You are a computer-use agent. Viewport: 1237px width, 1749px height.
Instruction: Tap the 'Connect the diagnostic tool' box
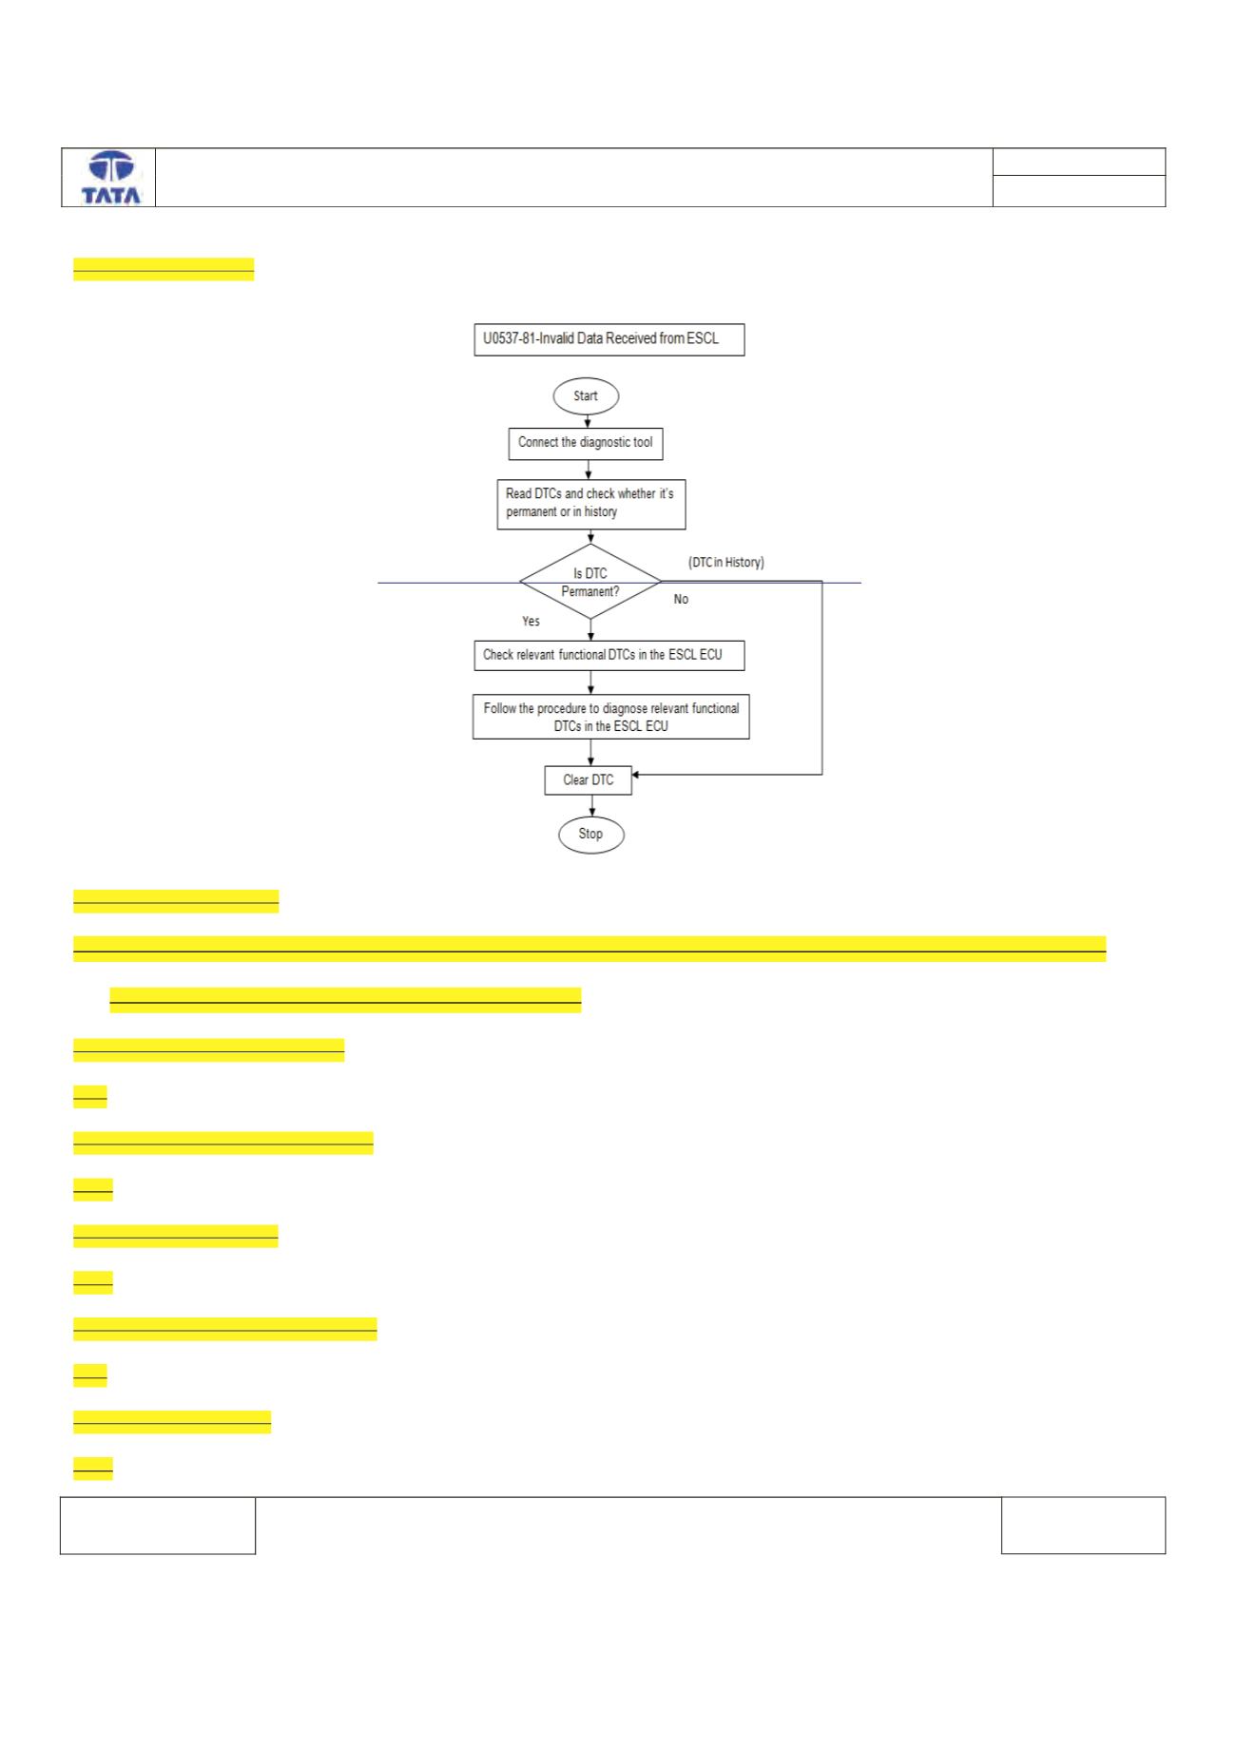pos(586,443)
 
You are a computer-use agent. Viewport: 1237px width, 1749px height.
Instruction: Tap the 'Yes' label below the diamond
pos(531,622)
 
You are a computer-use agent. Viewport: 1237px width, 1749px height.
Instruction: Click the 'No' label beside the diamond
pos(681,600)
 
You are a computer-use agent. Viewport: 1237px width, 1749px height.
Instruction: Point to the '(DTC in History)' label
pos(726,563)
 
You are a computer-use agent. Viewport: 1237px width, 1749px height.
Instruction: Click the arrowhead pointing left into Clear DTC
pos(636,775)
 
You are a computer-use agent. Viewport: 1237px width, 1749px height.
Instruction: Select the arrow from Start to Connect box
pos(587,421)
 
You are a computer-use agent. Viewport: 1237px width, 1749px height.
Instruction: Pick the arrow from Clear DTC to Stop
pos(592,806)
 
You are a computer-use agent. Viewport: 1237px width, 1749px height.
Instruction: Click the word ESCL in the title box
pos(703,338)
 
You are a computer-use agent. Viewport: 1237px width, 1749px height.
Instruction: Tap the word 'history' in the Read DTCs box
pos(600,512)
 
